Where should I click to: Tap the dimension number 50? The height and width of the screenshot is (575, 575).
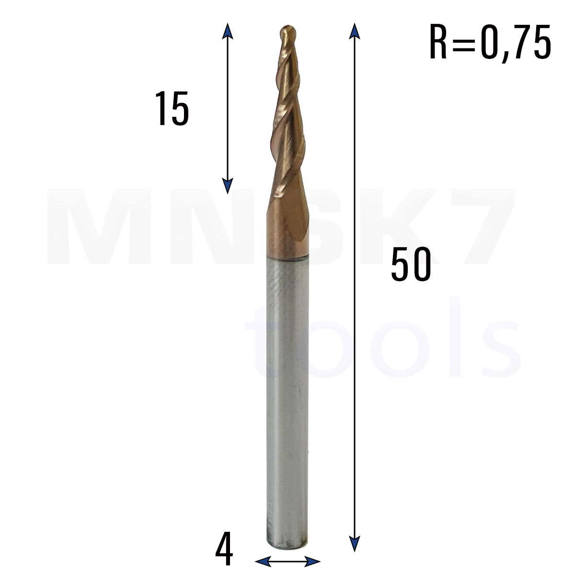[411, 264]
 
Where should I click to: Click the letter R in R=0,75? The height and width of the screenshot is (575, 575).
[438, 42]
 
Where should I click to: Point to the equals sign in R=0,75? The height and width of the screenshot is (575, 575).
[463, 43]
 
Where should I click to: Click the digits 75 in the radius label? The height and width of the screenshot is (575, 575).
[532, 42]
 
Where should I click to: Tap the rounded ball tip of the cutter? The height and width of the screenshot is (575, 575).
[288, 32]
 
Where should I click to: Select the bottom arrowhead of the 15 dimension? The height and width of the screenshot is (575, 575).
[228, 186]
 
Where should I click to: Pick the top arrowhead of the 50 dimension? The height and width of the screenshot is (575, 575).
[355, 31]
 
